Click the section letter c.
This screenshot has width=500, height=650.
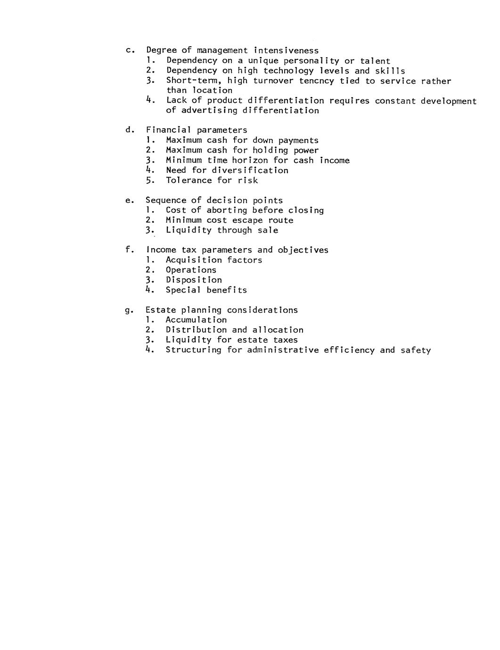128,50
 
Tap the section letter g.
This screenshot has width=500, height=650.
128,311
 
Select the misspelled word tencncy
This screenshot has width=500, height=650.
317,81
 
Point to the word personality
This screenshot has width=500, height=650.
311,61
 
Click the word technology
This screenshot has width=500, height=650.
288,71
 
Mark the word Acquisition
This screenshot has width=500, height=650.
194,260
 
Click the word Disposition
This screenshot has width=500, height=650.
194,280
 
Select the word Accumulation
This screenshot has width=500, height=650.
196,320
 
